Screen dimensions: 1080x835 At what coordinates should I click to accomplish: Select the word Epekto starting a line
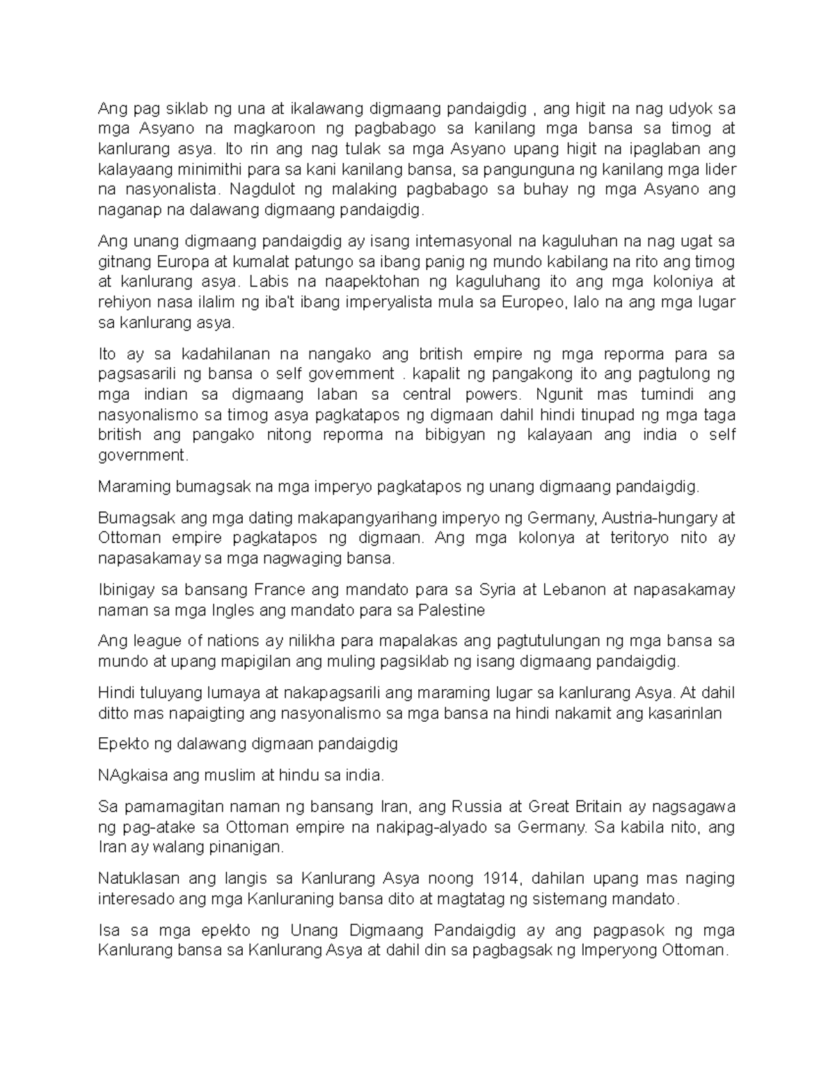(123, 743)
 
